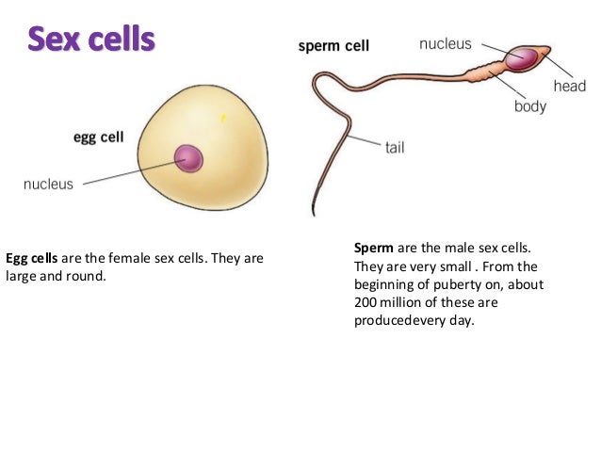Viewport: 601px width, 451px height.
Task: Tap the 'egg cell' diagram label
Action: click(98, 137)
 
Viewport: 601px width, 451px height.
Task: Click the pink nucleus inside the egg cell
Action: click(188, 158)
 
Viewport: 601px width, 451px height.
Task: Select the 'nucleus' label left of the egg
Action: click(48, 185)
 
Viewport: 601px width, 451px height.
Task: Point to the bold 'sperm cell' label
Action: click(333, 45)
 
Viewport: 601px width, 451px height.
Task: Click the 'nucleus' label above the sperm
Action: click(445, 43)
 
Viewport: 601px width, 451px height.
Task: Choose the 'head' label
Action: click(570, 86)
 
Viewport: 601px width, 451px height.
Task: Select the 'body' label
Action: click(529, 106)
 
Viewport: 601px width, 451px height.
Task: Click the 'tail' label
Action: click(395, 148)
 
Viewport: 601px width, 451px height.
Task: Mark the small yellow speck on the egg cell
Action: click(223, 118)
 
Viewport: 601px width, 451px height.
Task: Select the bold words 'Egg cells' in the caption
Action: click(32, 257)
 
